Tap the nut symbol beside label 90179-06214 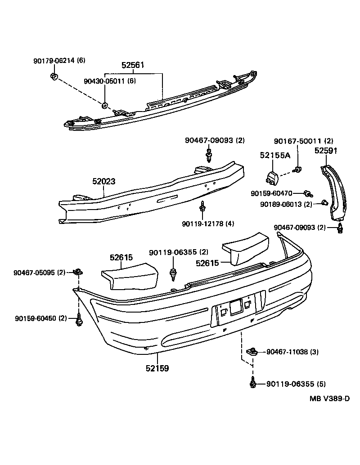54,76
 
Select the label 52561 133,65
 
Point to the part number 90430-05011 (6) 110,81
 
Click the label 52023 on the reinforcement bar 104,182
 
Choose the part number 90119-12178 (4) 208,224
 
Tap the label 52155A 275,155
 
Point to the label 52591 326,151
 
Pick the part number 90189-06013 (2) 286,204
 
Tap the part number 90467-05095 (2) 40,272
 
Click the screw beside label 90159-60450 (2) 79,320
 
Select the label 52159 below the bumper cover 157,368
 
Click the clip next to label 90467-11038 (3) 252,351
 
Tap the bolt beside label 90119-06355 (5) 252,384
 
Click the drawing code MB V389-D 329,398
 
